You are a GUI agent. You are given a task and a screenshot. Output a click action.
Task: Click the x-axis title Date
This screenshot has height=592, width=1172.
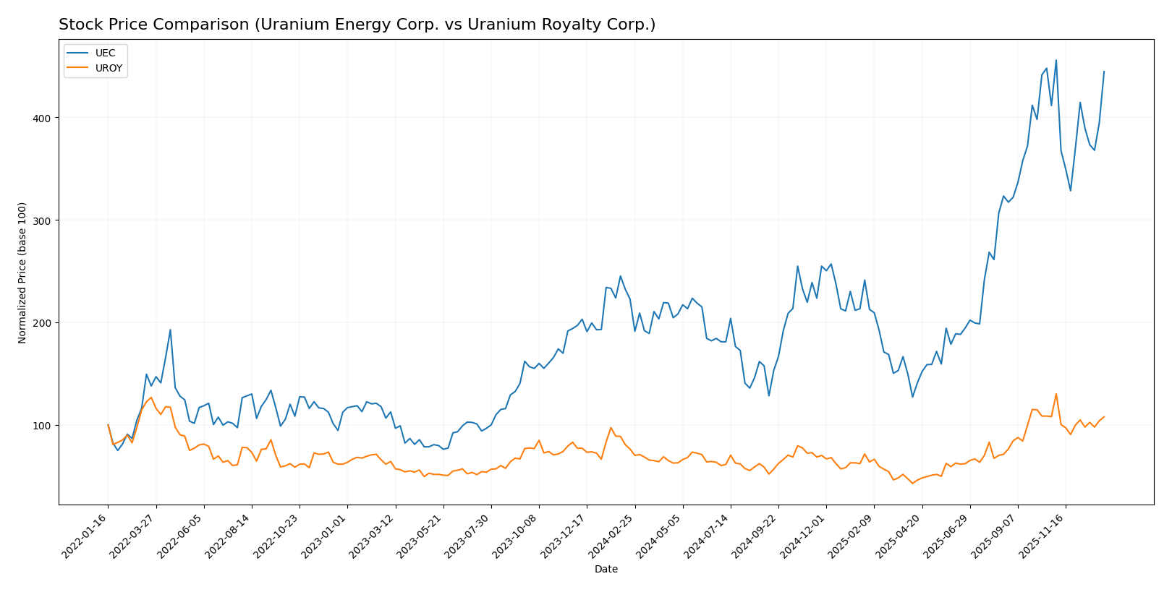click(x=606, y=570)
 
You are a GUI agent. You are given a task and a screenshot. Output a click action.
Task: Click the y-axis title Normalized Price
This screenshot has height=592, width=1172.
click(x=22, y=273)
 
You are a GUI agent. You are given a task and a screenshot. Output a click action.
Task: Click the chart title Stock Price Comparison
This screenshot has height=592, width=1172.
click(x=357, y=25)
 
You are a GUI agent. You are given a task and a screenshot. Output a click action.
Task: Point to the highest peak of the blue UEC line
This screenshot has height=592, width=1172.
click(x=1056, y=60)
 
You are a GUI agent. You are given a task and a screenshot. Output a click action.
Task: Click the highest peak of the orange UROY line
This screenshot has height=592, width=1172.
click(x=1056, y=394)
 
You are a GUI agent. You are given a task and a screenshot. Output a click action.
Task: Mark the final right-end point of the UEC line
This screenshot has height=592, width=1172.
click(x=1104, y=72)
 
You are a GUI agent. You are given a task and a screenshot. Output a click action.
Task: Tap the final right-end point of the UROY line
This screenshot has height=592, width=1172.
click(x=1104, y=416)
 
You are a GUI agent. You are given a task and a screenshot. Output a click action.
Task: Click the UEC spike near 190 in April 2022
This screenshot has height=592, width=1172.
click(x=170, y=330)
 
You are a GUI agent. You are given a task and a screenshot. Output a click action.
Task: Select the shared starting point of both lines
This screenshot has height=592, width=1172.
click(x=108, y=425)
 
